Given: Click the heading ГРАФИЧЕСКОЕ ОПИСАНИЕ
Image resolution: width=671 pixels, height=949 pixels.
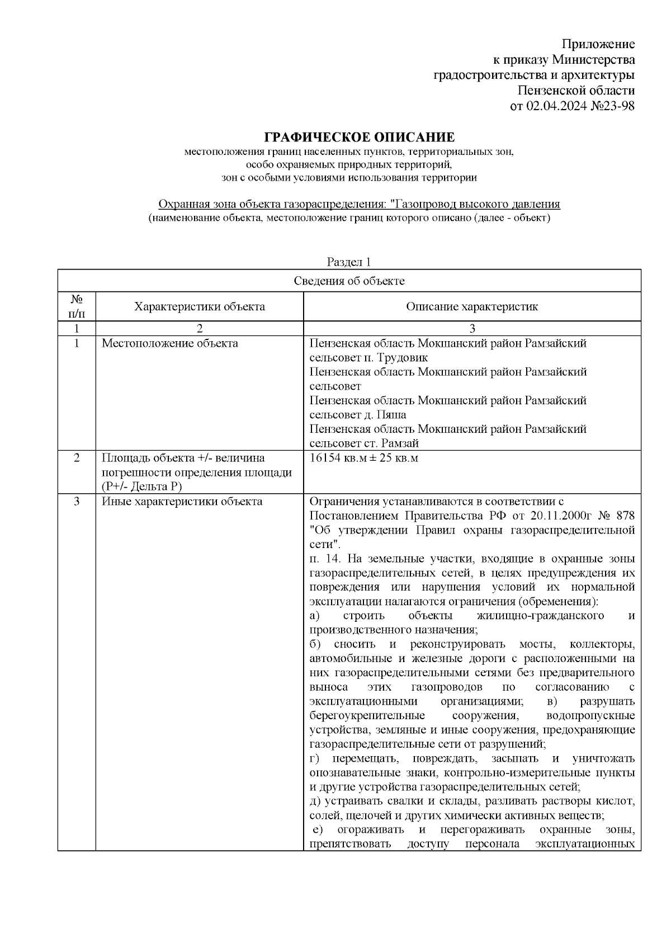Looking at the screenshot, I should (360, 138).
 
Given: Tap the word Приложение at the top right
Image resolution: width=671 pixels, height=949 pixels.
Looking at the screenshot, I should (598, 44).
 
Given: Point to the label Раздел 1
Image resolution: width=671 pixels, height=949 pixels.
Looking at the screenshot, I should (349, 262).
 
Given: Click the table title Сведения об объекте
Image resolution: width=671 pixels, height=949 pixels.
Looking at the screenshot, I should (349, 281).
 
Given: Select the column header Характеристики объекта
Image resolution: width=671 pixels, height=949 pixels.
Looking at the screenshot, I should (199, 306).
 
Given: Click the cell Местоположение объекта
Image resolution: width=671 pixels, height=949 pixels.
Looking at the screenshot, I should (169, 343).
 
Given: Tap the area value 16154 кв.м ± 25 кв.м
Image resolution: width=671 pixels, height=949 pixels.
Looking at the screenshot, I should (364, 459).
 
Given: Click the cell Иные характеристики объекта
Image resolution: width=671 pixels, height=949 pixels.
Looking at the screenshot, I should (182, 502).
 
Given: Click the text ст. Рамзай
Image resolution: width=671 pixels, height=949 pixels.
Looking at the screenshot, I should (398, 443).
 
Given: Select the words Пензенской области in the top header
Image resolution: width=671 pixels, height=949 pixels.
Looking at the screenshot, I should (576, 91).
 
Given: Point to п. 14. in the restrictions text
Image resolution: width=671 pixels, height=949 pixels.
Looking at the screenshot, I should (325, 559).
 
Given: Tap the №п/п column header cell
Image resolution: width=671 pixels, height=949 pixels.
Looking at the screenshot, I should (77, 306).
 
